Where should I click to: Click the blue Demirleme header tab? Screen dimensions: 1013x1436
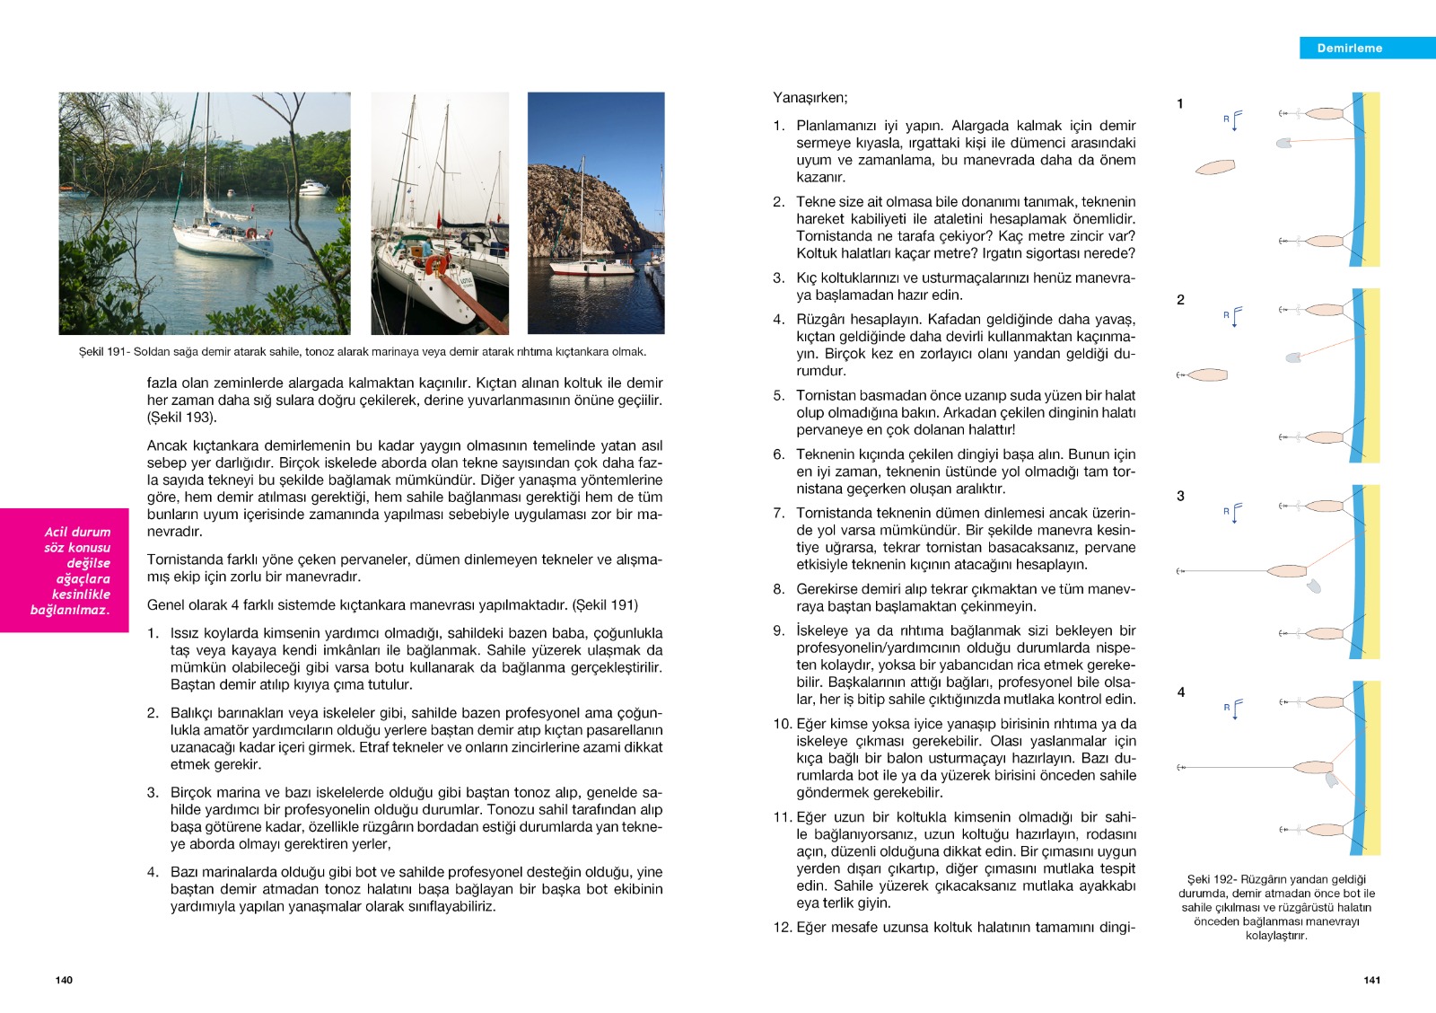tap(1366, 48)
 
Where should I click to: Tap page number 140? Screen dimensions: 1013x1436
tap(64, 980)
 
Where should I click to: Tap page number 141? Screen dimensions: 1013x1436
tap(1371, 980)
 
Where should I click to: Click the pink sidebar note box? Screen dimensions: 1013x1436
tap(65, 570)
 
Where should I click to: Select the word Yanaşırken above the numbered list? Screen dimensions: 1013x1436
tap(810, 98)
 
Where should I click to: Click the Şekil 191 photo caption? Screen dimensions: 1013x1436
tap(362, 352)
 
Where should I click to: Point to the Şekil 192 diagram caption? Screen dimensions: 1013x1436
tap(1276, 907)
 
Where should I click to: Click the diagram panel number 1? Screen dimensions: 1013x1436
tap(1180, 104)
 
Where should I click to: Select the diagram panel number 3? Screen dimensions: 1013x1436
tap(1180, 496)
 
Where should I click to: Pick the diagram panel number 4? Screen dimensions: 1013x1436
tap(1180, 692)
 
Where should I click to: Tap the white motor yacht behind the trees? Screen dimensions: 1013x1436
tap(314, 188)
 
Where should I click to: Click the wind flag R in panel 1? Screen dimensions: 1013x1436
tap(1233, 119)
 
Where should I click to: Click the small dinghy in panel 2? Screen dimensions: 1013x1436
tap(1293, 357)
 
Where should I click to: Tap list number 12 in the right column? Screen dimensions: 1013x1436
tap(782, 928)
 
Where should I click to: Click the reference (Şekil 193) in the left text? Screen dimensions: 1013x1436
tap(182, 418)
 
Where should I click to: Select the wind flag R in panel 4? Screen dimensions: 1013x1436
tap(1233, 709)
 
